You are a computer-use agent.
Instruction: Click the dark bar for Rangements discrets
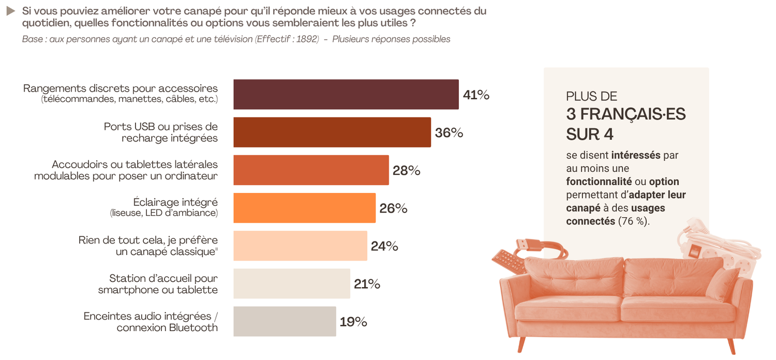click(x=346, y=95)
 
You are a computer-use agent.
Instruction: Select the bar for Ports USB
click(x=332, y=132)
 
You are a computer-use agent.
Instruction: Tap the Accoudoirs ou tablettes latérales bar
click(x=311, y=170)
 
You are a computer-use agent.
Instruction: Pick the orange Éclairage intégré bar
click(x=304, y=208)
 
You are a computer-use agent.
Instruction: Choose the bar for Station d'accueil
click(x=291, y=283)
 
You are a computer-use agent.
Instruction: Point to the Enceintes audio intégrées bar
click(x=285, y=321)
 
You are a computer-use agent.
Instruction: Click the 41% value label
click(x=476, y=95)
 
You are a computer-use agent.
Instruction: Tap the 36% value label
click(x=449, y=133)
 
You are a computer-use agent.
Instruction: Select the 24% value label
click(x=384, y=246)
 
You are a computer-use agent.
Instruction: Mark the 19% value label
click(x=353, y=322)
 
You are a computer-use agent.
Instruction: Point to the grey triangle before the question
click(x=10, y=11)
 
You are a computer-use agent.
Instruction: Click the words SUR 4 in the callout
click(x=590, y=133)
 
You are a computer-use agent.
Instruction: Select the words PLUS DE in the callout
click(x=592, y=96)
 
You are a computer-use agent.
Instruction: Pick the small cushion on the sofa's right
click(x=722, y=284)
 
